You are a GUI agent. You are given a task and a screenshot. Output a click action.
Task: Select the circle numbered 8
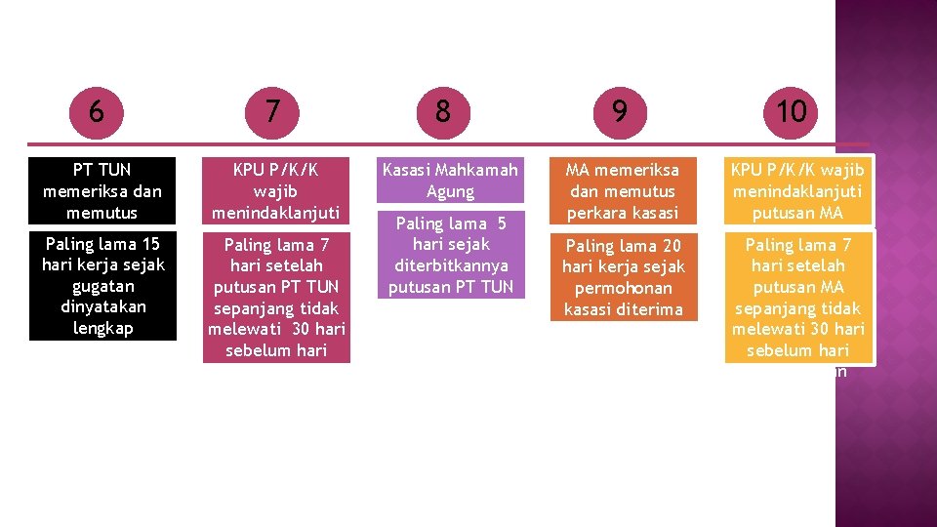tap(443, 111)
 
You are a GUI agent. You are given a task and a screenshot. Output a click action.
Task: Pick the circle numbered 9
tap(619, 112)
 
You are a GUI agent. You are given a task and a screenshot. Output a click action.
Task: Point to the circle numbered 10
tap(792, 112)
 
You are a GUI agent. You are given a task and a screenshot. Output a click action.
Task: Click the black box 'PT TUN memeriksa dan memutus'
tap(102, 191)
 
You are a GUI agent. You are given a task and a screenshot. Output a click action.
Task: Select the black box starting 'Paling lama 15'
tap(102, 285)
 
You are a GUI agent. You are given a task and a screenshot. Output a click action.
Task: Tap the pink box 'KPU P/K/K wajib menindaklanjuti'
tap(276, 191)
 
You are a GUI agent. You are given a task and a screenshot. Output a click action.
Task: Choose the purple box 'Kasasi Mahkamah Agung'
tap(450, 181)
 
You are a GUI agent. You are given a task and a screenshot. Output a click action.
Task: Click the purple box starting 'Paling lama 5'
tap(450, 255)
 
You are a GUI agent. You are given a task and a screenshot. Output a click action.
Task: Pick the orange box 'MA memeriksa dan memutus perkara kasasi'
tap(624, 191)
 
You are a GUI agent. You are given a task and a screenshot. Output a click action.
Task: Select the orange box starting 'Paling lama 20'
tap(624, 277)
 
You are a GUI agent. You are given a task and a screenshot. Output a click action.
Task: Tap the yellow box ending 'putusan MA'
tap(798, 191)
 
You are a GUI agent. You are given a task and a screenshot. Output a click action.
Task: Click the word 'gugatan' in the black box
tap(102, 286)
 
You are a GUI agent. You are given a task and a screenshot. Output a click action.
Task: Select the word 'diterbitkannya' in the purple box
tap(450, 265)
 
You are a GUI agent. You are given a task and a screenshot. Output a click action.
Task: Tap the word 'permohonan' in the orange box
tap(624, 289)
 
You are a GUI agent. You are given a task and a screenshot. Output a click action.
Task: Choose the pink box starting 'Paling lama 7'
tap(276, 297)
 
